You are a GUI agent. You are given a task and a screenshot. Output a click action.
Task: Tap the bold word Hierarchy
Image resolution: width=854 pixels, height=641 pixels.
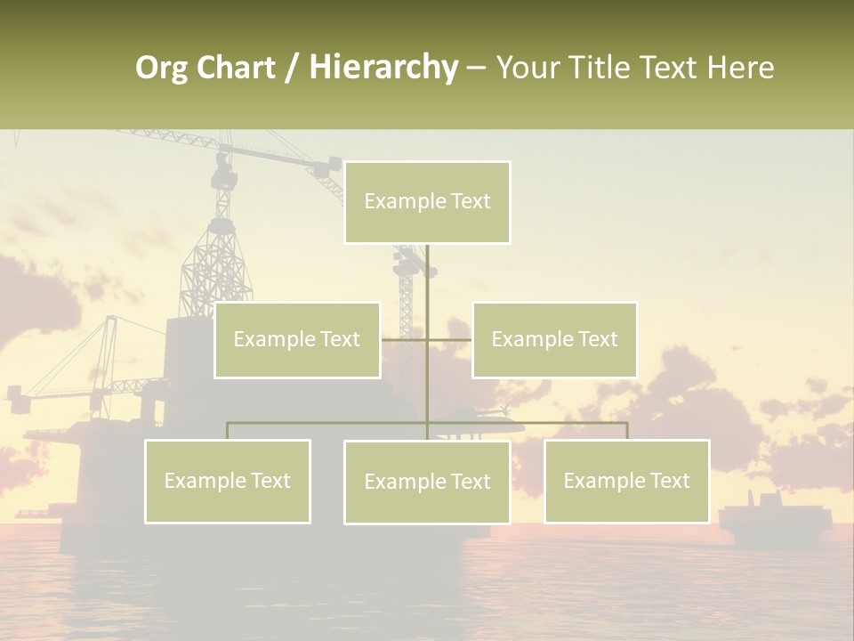(x=383, y=69)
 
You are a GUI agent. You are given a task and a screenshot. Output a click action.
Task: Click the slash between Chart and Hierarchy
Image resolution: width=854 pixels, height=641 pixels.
(x=293, y=69)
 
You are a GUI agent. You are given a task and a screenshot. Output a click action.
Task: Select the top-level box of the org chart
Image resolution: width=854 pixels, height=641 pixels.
(x=427, y=202)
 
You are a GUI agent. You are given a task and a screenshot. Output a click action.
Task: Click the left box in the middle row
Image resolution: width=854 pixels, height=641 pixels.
(x=297, y=340)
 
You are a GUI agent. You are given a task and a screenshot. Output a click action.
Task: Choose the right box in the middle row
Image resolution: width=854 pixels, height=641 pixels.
(x=554, y=340)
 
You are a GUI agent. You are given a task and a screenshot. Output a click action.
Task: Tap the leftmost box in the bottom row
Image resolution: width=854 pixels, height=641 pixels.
(x=228, y=482)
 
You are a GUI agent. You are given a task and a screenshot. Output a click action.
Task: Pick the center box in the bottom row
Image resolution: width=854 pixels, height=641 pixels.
(x=427, y=483)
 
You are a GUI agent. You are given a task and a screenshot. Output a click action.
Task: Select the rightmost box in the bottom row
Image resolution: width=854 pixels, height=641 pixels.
(x=626, y=482)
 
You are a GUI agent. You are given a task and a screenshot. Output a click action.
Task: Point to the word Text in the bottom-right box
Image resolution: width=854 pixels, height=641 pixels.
(x=669, y=481)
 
